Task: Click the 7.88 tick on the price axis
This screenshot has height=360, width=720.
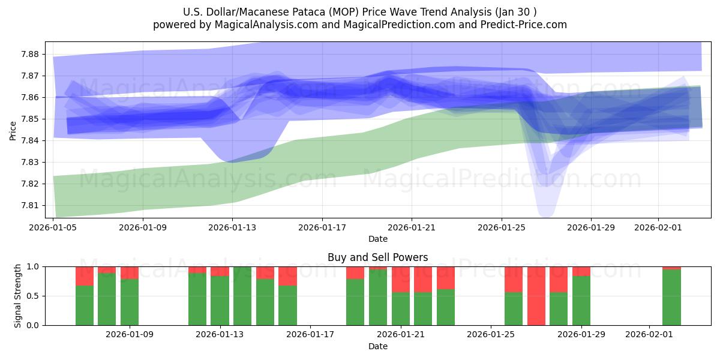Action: [x=30, y=54]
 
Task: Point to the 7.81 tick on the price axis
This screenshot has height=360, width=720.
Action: [x=30, y=205]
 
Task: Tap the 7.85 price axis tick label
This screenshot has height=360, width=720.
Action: [x=30, y=119]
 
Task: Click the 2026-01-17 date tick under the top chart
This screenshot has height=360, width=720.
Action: [x=322, y=227]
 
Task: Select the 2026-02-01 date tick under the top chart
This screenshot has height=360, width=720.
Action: [x=658, y=227]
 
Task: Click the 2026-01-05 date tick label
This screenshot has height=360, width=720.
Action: [x=54, y=227]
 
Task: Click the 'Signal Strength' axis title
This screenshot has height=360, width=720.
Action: [x=18, y=296]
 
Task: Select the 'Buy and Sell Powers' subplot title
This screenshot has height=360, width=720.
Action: [x=377, y=257]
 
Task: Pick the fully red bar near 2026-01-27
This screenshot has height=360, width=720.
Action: [x=536, y=296]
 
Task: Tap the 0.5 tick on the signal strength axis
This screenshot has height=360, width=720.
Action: [x=34, y=296]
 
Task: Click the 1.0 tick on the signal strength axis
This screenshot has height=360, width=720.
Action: [x=34, y=266]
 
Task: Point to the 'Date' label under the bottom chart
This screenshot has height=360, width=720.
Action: [x=377, y=346]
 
